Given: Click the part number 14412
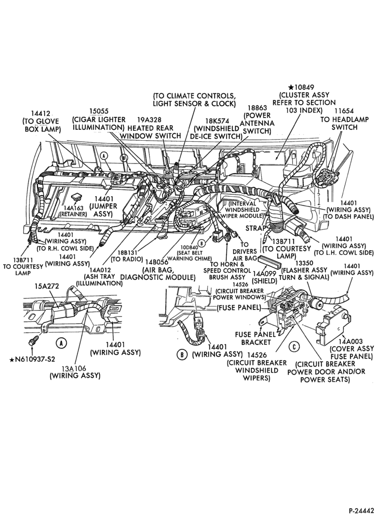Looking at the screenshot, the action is (x=40, y=114).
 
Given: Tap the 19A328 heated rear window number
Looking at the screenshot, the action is (x=150, y=120).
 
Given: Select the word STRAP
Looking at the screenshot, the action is (x=255, y=228).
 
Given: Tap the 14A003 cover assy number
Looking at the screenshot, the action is (x=352, y=342).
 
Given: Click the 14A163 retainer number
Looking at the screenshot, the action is (x=75, y=208).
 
